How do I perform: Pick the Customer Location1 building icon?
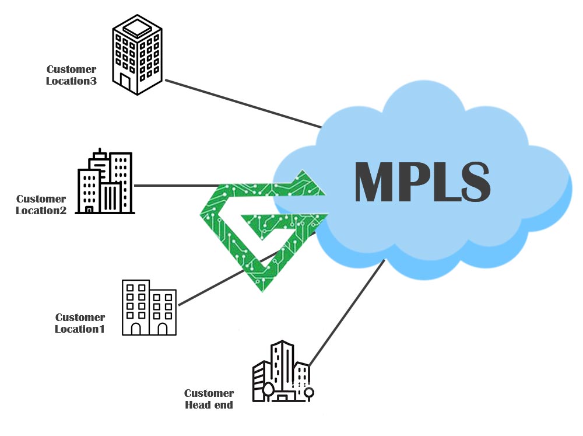point(149,308)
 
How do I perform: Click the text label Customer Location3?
point(72,75)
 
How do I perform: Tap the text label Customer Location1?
point(80,323)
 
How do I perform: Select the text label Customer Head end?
point(209,399)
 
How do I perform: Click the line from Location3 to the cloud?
point(245,103)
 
